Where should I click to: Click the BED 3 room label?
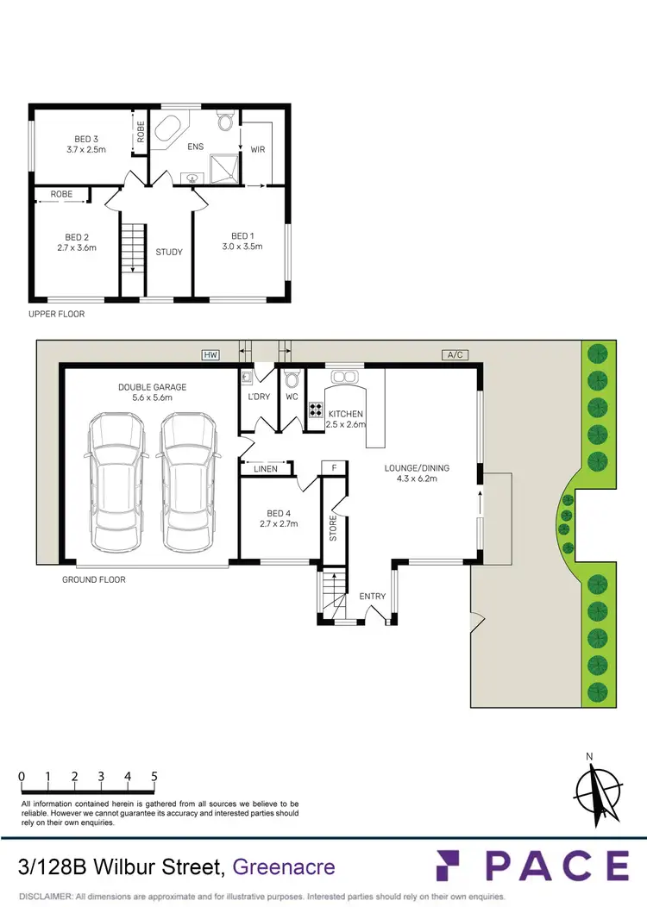85,139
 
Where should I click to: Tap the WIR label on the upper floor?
257,149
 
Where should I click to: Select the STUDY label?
169,253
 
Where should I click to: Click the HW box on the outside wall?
209,354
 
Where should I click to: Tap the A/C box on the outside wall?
454,354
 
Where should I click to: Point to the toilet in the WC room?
292,378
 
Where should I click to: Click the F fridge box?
333,468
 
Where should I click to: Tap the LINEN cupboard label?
266,469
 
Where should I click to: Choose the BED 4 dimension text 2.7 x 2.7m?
279,522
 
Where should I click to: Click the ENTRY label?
373,597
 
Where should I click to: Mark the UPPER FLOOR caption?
58,315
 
